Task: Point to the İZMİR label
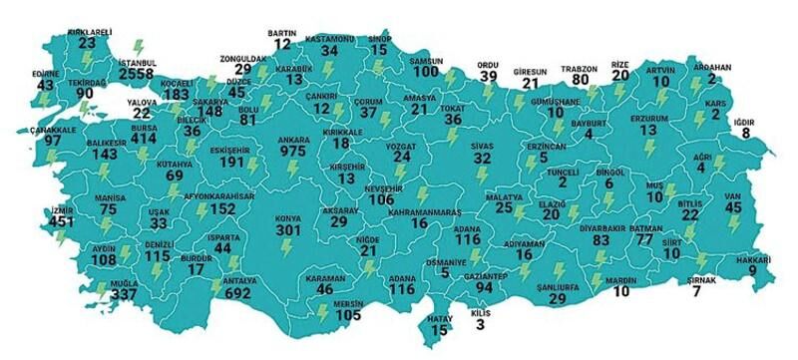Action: coord(59,210)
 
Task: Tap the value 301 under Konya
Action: coord(288,230)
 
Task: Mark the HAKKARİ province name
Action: coord(760,257)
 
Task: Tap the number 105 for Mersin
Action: coord(348,316)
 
